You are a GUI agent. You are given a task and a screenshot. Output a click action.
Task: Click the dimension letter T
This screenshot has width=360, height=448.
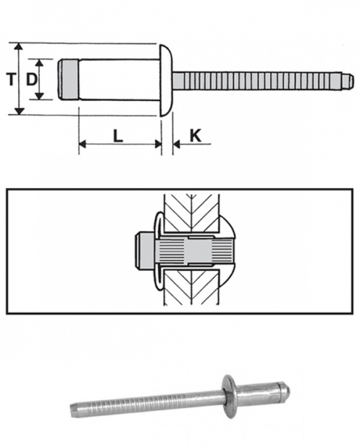coord(10,79)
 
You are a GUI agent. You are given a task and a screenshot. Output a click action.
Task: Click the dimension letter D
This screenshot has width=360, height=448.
coord(30,79)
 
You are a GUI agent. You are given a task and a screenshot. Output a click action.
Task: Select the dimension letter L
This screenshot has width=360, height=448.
coord(117,135)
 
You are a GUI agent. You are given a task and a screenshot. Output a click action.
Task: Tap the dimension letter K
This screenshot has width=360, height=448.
coord(196,135)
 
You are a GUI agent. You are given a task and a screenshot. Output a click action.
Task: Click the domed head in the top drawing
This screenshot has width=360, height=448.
coord(165,79)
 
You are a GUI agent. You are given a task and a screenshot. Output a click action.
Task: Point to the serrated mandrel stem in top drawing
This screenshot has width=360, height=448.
coord(256,81)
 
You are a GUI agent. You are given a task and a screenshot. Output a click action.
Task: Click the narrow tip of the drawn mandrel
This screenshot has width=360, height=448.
coord(348,81)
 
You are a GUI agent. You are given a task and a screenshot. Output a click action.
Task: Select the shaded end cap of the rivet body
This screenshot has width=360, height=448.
coord(65,79)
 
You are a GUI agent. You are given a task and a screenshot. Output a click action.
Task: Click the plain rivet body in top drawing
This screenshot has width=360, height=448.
coord(115,79)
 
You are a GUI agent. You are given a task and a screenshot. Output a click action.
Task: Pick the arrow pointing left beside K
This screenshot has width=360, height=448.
coord(178,145)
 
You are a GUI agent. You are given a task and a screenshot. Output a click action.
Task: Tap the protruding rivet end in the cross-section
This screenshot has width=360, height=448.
coord(143,251)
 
